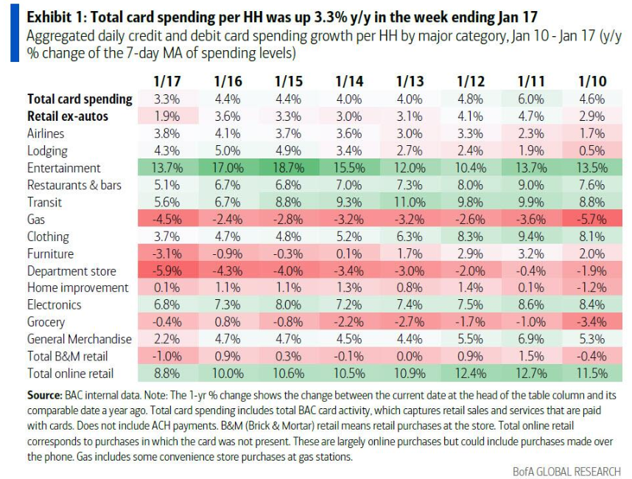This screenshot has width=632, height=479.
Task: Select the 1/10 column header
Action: tap(593, 80)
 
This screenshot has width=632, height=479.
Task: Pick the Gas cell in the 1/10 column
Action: tap(593, 219)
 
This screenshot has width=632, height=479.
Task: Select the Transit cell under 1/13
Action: tap(410, 202)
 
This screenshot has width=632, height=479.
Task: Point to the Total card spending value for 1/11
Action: tap(532, 99)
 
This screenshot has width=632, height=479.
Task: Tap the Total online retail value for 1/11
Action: tap(532, 374)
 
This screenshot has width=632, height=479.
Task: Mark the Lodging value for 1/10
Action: tap(593, 150)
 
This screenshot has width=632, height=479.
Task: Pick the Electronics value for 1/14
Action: tap(348, 304)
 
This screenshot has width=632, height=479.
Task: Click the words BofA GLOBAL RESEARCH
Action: tap(566, 471)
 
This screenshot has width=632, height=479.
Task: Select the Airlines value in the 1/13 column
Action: tap(410, 133)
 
